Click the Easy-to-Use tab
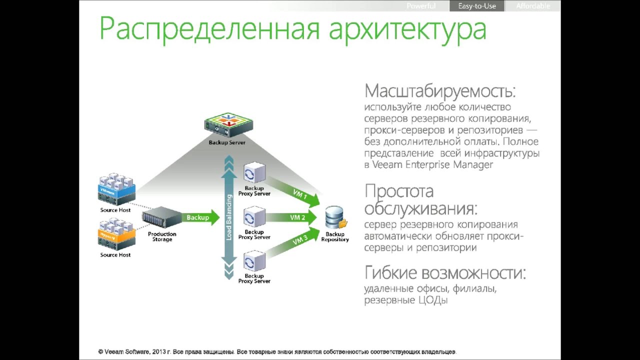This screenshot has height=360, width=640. pos(476,6)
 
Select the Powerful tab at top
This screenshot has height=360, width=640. pos(421,6)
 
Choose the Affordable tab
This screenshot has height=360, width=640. pos(533,6)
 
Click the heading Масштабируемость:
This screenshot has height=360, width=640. pos(440,91)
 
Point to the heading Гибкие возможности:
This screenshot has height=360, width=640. pos(445,273)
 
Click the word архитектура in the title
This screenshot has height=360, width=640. pos(407,29)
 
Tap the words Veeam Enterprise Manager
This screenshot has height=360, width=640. pos(432,165)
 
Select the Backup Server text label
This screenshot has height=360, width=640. pos(227,143)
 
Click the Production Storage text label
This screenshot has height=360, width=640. pos(162,236)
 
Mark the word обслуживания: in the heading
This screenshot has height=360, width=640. pos(420,208)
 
